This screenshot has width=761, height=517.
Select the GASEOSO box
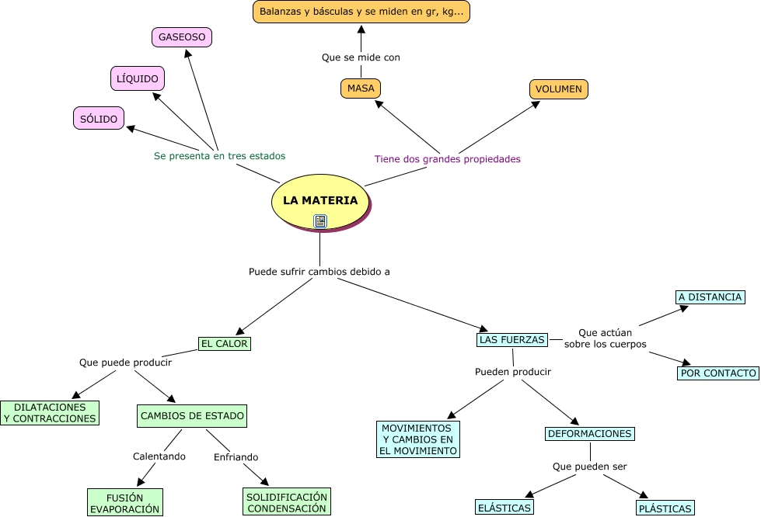pyautogui.click(x=182, y=37)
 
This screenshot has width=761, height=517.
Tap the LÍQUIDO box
pyautogui.click(x=138, y=78)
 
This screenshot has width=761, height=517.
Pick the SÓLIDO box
pyautogui.click(x=99, y=119)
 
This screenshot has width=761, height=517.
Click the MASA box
pyautogui.click(x=361, y=88)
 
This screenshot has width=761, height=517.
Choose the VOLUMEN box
pyautogui.click(x=559, y=89)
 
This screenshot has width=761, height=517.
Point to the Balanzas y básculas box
pyautogui.click(x=361, y=12)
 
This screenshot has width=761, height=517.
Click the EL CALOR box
pyautogui.click(x=225, y=343)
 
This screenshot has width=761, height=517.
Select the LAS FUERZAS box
pyautogui.click(x=511, y=340)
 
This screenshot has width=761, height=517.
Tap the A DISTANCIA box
pyautogui.click(x=710, y=297)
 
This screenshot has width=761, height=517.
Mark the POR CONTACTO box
pyautogui.click(x=718, y=373)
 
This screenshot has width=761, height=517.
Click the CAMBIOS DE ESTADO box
pyautogui.click(x=193, y=416)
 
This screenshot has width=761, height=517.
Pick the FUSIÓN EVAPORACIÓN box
pyautogui.click(x=125, y=502)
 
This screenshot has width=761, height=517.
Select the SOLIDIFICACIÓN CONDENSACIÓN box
pyautogui.click(x=287, y=501)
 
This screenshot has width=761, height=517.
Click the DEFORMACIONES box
pyautogui.click(x=590, y=434)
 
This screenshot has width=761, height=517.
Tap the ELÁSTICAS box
pyautogui.click(x=504, y=508)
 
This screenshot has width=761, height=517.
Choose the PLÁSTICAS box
pyautogui.click(x=665, y=509)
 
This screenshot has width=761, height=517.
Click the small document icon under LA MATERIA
pyautogui.click(x=320, y=221)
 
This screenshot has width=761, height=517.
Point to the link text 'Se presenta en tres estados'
pyautogui.click(x=219, y=156)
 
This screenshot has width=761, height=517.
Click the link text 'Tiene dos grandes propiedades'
pyautogui.click(x=447, y=159)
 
